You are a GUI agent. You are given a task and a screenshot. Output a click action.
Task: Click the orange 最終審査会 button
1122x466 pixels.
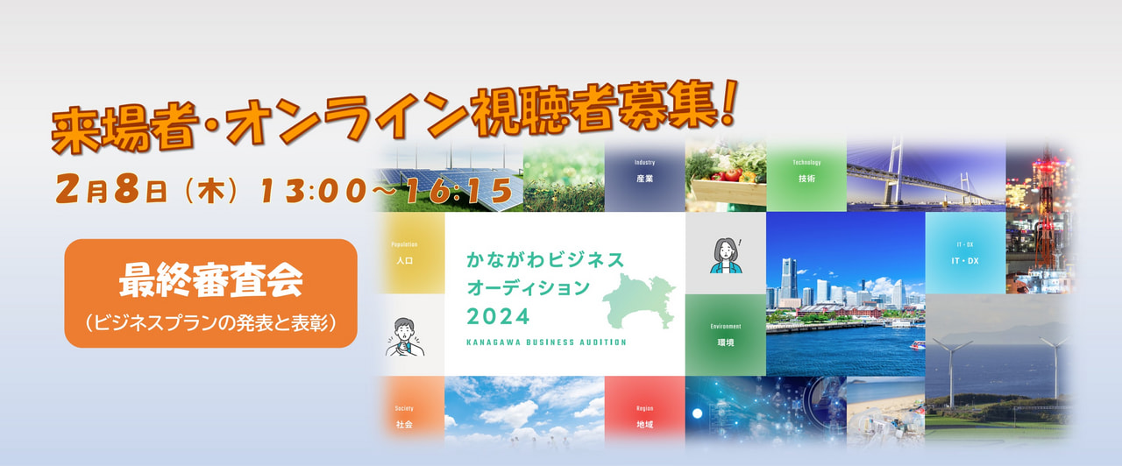(210, 293)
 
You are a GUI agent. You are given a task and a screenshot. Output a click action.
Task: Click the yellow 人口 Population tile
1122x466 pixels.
(411, 253)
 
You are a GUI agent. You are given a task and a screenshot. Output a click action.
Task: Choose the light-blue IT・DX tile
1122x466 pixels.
(965, 253)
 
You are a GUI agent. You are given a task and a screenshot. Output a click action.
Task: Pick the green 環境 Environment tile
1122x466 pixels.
(726, 335)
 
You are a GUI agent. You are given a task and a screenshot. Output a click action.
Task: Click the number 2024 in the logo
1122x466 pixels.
(498, 317)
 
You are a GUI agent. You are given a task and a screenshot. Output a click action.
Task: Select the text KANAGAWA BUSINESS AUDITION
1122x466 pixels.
(546, 342)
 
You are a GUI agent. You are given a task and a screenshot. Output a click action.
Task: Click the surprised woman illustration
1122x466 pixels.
(726, 255)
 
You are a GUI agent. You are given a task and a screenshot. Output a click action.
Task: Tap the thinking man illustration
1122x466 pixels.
(405, 337)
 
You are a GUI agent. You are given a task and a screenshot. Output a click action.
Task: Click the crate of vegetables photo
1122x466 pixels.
(726, 176)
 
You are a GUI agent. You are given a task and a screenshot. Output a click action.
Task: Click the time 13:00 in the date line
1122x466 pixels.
(314, 191)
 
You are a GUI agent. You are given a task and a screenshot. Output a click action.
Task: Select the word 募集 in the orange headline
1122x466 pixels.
(667, 107)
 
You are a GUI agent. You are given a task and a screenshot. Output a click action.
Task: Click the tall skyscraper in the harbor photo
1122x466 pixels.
(789, 281)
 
